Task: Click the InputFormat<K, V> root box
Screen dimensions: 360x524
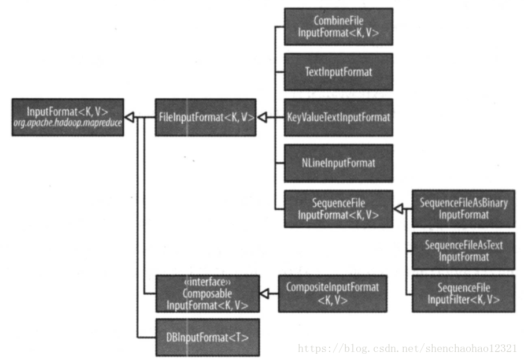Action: pos(68,117)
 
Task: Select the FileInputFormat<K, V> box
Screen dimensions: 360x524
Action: pos(205,117)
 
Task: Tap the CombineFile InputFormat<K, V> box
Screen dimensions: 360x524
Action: pos(338,27)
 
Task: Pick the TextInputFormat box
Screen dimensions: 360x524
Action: pos(338,72)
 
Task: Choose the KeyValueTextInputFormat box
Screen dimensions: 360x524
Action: pos(338,117)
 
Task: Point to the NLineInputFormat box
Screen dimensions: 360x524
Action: pos(338,163)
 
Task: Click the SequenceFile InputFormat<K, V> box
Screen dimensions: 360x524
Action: pos(338,209)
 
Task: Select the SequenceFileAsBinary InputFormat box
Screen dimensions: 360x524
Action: pos(463,209)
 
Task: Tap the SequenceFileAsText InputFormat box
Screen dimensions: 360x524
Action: pos(463,251)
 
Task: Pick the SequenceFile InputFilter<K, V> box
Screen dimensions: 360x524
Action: pos(463,294)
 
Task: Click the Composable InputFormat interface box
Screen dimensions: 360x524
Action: pos(206,294)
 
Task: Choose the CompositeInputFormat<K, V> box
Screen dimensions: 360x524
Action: pos(332,294)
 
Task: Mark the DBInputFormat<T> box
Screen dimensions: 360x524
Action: pos(206,336)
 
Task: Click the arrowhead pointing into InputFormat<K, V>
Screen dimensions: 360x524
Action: pos(130,117)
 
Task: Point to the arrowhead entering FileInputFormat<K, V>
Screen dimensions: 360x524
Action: pos(261,117)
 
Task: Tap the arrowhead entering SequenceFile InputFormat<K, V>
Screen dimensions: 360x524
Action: pos(398,209)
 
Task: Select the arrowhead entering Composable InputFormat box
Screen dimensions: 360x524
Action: pos(264,294)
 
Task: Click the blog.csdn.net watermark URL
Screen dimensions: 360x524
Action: pos(407,348)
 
